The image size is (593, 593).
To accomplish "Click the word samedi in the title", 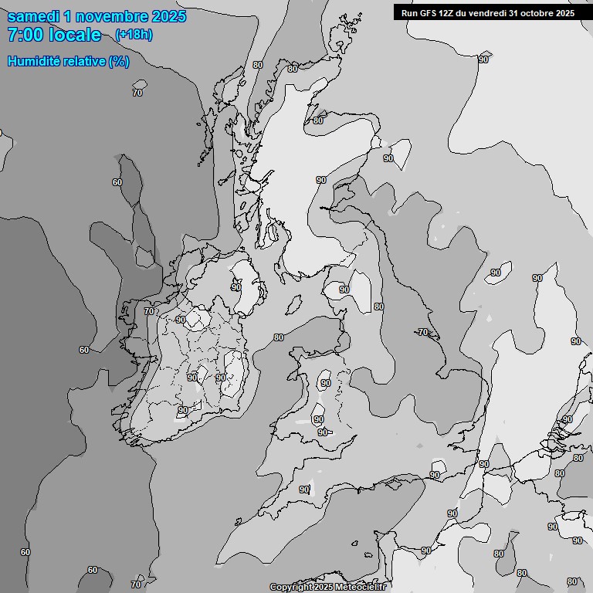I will coord(36,16).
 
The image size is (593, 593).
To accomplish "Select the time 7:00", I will coord(24,35).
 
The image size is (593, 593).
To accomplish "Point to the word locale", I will coord(75,35).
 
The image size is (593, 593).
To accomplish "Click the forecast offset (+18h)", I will coord(134,35).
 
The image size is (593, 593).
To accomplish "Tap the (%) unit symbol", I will coord(119,61).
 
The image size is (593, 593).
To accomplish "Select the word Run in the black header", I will coord(409,12).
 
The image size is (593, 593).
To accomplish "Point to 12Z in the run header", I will coord(448,12).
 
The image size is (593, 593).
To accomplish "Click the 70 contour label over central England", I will coord(422,332).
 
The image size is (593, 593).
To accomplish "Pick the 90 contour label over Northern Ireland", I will coord(236,287).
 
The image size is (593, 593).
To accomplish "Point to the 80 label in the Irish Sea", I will coord(279,337).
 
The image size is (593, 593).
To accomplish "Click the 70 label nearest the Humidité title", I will coord(137,93).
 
